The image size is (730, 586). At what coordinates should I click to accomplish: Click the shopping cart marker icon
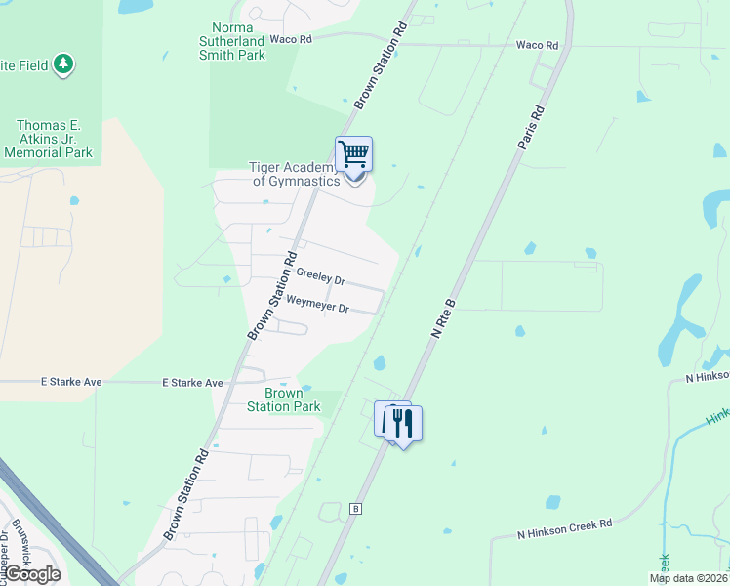[353, 154]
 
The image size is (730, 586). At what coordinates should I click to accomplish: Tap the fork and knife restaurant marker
[402, 423]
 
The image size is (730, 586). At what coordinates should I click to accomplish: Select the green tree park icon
[64, 64]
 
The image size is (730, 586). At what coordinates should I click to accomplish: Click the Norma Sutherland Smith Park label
[239, 42]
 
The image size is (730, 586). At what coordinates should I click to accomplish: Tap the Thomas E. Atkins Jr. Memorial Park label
[55, 139]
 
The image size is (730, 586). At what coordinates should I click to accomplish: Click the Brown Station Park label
[283, 399]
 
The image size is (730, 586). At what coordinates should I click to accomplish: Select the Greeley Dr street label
[320, 278]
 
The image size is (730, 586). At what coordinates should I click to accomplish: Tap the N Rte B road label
[444, 318]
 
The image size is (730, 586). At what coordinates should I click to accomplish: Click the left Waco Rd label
[290, 40]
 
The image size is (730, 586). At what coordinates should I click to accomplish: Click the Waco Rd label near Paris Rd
[537, 45]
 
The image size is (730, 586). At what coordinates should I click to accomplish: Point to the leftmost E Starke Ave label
[71, 382]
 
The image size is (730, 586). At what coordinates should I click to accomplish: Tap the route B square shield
[356, 509]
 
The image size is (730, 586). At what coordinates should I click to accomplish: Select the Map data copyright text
[689, 578]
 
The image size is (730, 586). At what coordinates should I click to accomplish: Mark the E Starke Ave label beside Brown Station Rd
[192, 383]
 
